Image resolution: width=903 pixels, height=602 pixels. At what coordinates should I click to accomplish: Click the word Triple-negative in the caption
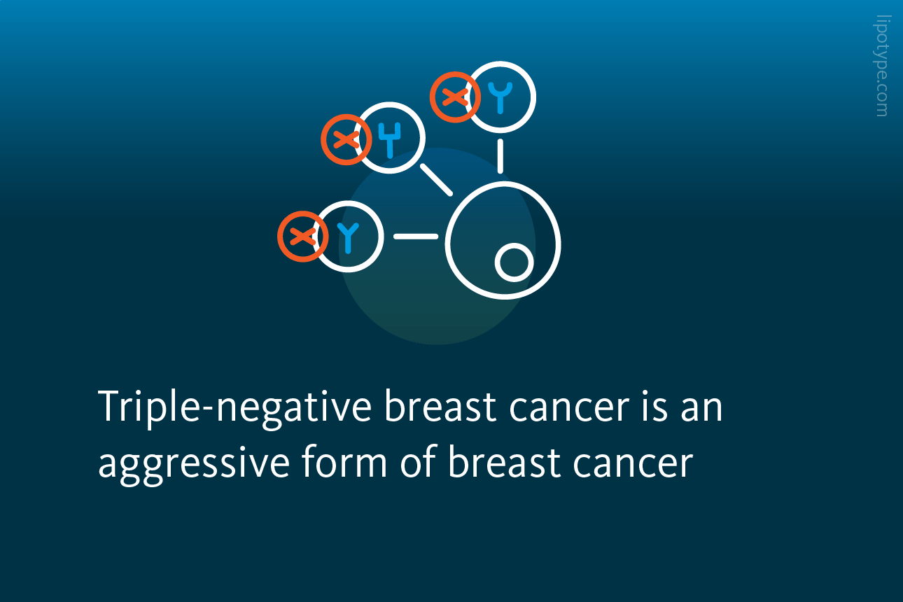(234, 408)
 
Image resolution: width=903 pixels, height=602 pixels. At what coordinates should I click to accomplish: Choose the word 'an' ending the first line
(702, 408)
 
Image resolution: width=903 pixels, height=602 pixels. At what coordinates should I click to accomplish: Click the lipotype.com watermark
(882, 66)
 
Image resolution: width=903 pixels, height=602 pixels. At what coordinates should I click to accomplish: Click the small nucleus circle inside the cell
(514, 262)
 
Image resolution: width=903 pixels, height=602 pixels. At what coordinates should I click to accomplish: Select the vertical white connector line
(500, 156)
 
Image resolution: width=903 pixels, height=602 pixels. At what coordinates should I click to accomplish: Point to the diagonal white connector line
(436, 180)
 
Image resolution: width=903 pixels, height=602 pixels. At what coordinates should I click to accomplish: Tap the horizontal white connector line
(416, 237)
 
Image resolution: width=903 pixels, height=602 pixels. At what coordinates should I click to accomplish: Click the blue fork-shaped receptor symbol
(389, 139)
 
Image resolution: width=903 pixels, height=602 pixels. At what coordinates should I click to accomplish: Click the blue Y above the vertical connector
(500, 97)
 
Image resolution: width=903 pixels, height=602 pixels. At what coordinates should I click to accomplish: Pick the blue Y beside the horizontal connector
(348, 238)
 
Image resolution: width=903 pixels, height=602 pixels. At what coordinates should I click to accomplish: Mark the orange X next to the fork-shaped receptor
(346, 139)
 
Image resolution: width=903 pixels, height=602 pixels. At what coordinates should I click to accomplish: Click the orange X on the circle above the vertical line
(455, 97)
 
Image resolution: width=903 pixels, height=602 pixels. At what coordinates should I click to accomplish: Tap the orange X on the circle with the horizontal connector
(302, 237)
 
